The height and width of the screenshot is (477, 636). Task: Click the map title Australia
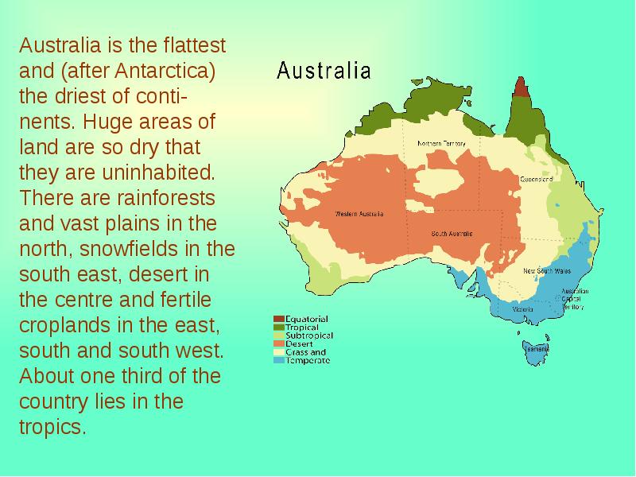324,72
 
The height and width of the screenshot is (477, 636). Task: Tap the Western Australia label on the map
359,214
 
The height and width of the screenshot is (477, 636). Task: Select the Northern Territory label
442,143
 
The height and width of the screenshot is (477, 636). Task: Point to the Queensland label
537,179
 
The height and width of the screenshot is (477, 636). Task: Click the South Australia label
452,234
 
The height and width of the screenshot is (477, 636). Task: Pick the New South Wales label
546,271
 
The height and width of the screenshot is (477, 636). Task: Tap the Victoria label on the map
522,308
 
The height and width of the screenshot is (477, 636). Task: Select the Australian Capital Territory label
573,298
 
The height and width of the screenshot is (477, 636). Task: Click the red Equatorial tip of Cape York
521,87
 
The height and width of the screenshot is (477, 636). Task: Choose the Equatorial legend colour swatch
278,320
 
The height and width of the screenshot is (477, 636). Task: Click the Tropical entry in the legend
302,328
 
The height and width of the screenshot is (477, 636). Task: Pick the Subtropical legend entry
308,335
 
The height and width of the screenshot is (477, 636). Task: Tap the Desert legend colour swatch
278,344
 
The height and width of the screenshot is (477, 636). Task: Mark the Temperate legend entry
307,360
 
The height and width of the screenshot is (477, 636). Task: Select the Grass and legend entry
305,352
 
